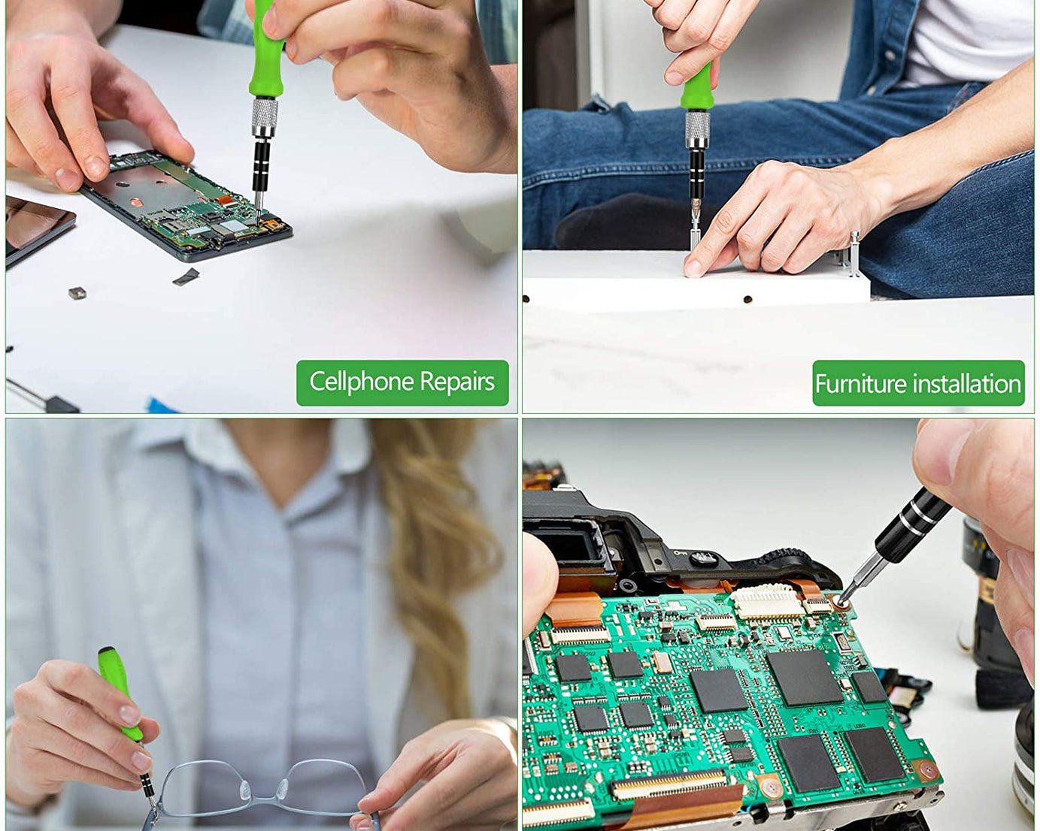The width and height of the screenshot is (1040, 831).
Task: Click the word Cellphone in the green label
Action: [x=362, y=382]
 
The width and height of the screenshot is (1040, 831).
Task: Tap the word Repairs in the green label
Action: [x=457, y=382]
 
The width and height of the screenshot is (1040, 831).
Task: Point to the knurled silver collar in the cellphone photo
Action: [x=265, y=118]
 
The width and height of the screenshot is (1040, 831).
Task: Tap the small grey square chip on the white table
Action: [x=77, y=292]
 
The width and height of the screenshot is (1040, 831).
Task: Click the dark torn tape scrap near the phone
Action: [x=186, y=276]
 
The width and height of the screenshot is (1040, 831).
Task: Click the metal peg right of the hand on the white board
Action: [x=854, y=254]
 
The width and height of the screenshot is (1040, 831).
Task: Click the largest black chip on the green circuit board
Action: [x=805, y=678]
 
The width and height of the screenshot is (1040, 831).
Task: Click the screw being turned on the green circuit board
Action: [x=841, y=602]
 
